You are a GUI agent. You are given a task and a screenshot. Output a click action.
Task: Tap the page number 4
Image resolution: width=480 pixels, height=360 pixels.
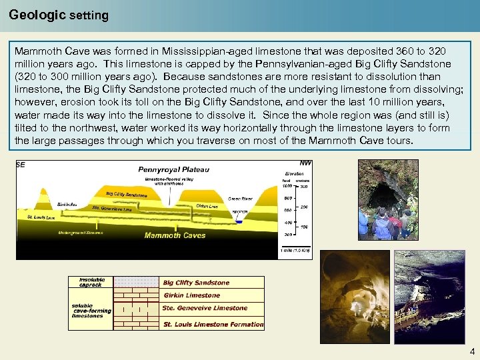click(x=472, y=351)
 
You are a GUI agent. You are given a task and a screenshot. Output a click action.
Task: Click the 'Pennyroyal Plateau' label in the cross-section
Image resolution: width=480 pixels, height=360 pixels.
click(x=173, y=169)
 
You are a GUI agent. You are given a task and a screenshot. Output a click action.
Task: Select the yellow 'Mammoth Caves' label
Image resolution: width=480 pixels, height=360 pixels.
click(x=175, y=235)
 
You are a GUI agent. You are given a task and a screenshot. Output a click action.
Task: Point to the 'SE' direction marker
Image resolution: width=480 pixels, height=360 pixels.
click(x=21, y=165)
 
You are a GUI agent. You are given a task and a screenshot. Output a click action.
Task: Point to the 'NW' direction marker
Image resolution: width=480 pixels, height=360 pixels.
click(x=305, y=163)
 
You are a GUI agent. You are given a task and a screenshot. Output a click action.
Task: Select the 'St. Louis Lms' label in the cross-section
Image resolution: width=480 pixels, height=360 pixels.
click(x=41, y=217)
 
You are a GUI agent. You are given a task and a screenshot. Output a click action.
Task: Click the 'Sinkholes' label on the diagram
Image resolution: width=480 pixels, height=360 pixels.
click(x=67, y=205)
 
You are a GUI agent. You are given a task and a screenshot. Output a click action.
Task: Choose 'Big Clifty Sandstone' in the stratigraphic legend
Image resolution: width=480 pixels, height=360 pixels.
click(x=196, y=283)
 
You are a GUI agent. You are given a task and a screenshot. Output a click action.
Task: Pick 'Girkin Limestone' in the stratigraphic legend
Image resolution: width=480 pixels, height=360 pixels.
click(x=191, y=295)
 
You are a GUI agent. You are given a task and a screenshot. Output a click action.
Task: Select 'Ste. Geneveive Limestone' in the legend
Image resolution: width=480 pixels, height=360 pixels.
click(x=204, y=308)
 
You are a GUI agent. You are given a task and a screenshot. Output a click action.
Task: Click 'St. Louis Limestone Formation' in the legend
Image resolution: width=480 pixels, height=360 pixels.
click(x=213, y=325)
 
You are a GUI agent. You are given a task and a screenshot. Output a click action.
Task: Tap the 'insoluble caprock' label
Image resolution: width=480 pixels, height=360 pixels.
click(x=91, y=283)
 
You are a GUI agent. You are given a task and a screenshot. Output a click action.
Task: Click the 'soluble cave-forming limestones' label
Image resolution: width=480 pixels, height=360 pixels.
click(x=89, y=311)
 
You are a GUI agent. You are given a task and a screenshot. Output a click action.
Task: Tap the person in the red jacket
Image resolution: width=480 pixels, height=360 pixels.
click(x=404, y=221)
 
